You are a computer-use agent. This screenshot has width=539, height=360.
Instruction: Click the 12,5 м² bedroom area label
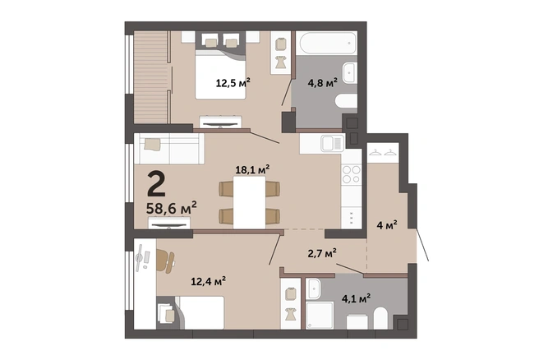tap(233, 82)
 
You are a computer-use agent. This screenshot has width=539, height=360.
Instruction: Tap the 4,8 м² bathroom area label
tap(322, 82)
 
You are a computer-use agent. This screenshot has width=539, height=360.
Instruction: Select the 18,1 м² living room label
tap(252, 169)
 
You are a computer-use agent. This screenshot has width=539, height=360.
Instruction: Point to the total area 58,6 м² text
tap(172, 208)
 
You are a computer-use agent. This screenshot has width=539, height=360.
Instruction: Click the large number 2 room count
tap(156, 184)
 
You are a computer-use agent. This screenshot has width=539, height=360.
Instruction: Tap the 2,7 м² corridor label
tap(322, 253)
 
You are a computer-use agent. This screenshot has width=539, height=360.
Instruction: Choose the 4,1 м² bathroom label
tap(356, 298)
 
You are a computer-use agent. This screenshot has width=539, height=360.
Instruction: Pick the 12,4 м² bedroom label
tap(209, 281)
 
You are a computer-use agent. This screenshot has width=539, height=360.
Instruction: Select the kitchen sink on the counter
tap(333, 143)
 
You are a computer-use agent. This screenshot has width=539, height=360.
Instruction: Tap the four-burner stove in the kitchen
tap(352, 174)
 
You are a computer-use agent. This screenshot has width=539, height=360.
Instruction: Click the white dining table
tap(249, 202)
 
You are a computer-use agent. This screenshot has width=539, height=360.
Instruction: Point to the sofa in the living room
tap(169, 149)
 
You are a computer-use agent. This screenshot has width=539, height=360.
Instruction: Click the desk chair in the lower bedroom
tap(165, 261)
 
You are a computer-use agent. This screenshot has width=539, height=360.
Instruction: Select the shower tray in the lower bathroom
tap(320, 316)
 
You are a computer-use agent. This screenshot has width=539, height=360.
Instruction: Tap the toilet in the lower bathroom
tap(380, 318)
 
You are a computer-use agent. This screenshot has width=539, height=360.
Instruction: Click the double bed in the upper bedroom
tap(220, 74)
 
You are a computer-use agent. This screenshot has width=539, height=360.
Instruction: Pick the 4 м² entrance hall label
tap(387, 225)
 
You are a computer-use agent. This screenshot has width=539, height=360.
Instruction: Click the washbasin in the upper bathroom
tap(349, 73)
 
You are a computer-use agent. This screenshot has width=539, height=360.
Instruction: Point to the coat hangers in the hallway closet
tap(383, 152)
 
